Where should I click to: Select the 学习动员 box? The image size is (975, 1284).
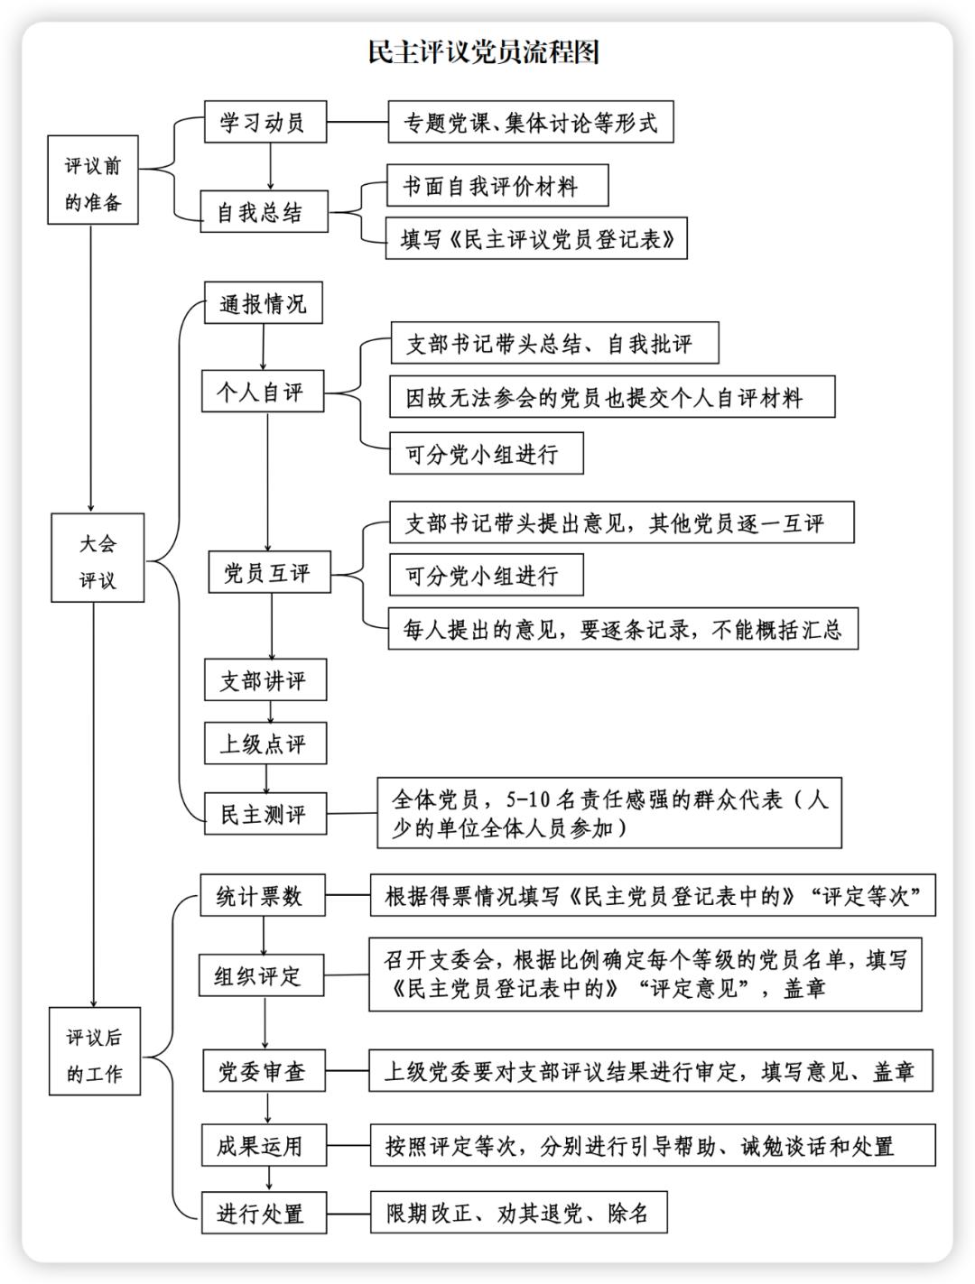(x=263, y=122)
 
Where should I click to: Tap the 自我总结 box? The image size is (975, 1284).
(x=263, y=213)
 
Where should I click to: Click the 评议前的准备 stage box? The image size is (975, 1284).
(x=93, y=180)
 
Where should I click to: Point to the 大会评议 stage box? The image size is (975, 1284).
(x=97, y=559)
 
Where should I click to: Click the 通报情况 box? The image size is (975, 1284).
(x=263, y=303)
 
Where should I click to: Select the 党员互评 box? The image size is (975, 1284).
(x=268, y=573)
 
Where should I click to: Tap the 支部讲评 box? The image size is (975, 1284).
(x=265, y=680)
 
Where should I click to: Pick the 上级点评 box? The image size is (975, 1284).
(x=265, y=744)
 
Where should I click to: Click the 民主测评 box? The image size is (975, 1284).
(x=265, y=814)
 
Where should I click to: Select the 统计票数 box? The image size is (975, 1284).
(x=261, y=896)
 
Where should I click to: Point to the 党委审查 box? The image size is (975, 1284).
(x=263, y=1071)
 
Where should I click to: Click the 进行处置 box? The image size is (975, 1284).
(x=263, y=1213)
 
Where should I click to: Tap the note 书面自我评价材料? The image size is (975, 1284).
(x=497, y=186)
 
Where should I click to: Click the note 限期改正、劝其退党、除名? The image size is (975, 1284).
(x=519, y=1213)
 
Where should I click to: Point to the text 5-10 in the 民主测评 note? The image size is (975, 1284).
(x=526, y=799)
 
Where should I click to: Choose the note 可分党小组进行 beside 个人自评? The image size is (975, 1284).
(x=486, y=453)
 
